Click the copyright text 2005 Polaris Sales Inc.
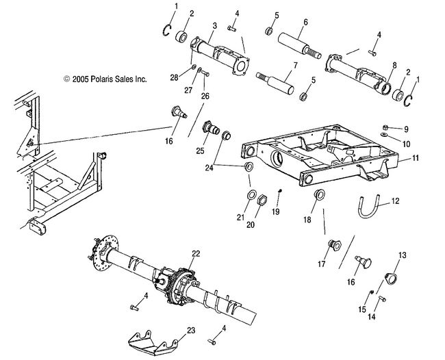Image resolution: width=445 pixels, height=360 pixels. tap(105, 79)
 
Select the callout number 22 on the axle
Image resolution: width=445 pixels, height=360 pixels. tap(196, 254)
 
